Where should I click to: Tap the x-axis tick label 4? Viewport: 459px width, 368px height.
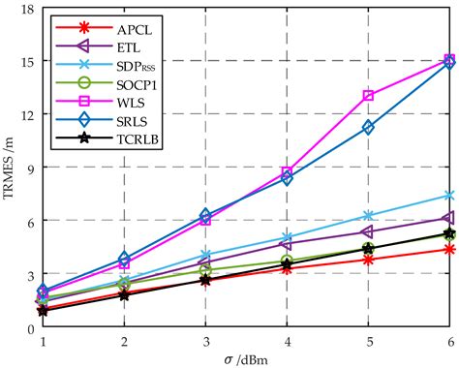287,342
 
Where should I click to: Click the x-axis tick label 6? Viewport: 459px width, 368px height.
449,342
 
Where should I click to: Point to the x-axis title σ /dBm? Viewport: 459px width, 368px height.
246,359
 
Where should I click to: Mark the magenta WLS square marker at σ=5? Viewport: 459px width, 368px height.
368,95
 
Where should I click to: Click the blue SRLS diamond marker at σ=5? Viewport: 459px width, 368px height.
368,127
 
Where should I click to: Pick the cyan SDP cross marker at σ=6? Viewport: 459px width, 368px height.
449,195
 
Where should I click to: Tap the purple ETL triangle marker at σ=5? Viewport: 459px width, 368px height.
368,231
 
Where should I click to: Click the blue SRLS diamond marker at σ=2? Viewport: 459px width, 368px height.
124,259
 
